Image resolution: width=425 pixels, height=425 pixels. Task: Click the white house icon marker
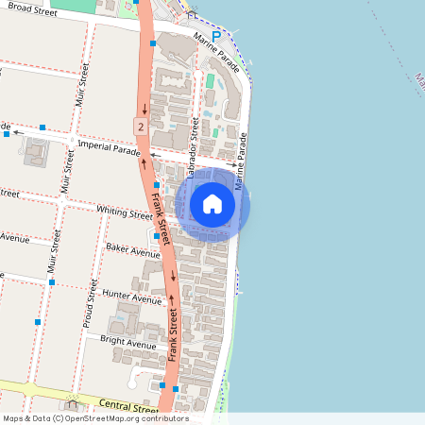212,204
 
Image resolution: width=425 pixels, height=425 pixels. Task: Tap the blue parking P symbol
216,36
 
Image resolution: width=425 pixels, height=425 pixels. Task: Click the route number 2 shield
140,126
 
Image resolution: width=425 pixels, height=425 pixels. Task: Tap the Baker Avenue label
133,251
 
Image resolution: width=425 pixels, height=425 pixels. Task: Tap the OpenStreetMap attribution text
95,418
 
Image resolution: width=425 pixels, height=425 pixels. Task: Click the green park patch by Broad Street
81,5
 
